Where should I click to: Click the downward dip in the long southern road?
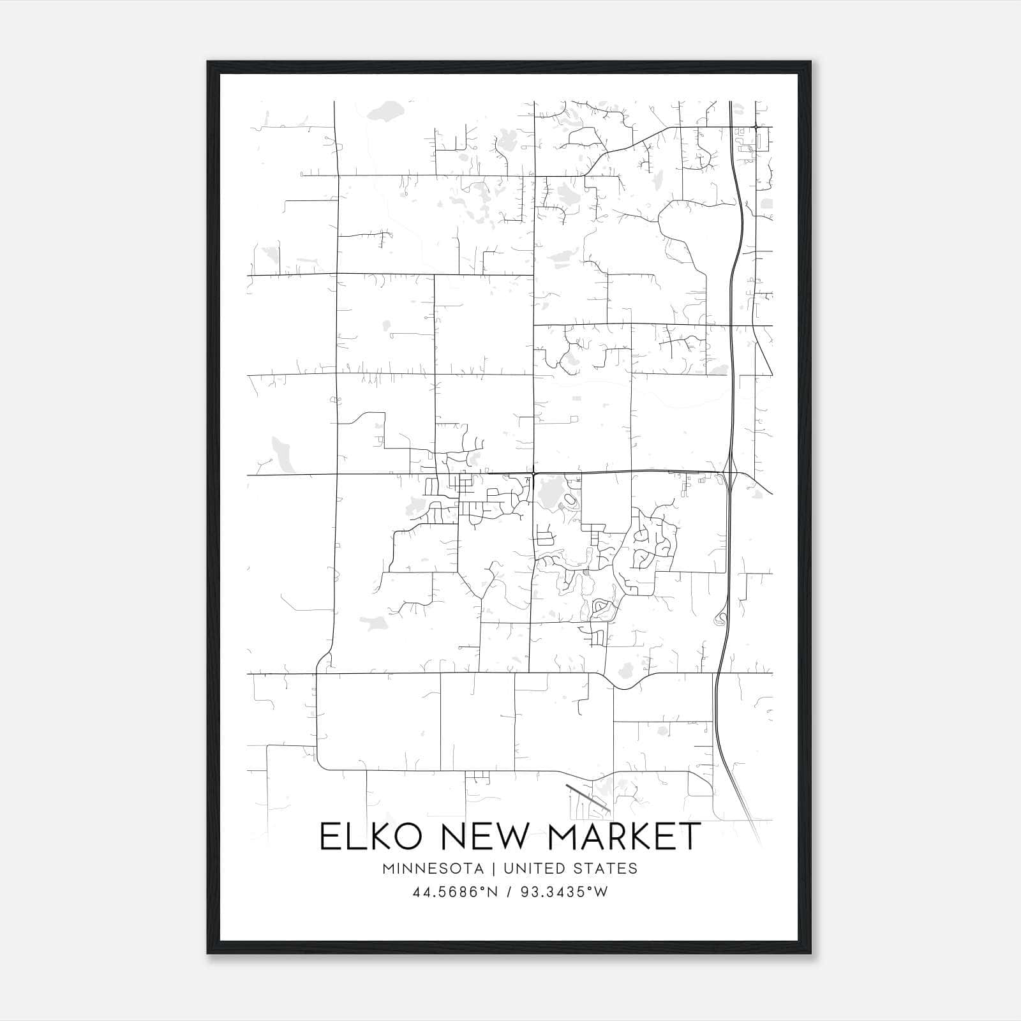click(626, 687)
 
